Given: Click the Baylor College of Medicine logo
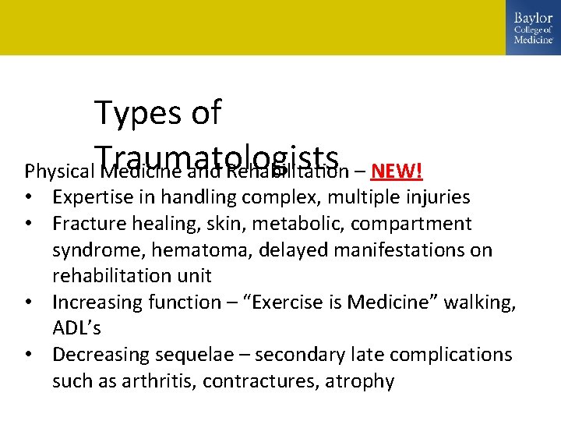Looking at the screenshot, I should (x=533, y=28).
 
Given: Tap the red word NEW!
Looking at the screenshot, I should (x=397, y=171).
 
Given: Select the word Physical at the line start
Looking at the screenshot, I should (x=58, y=171).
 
